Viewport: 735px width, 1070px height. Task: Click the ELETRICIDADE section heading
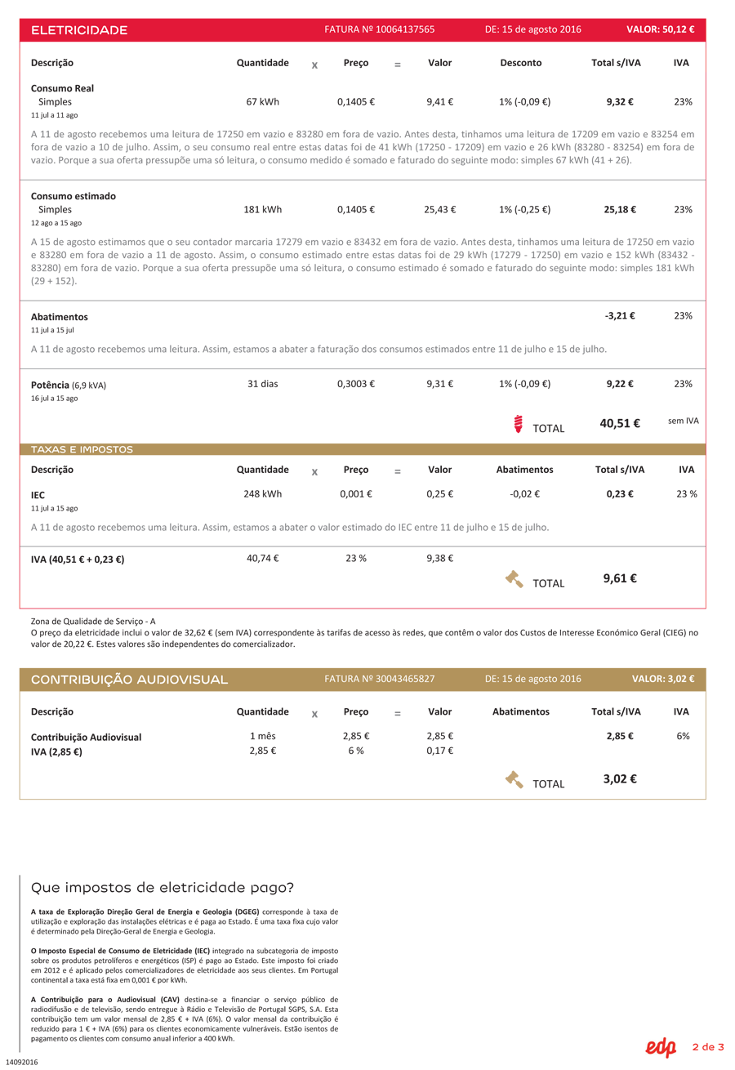click(x=79, y=30)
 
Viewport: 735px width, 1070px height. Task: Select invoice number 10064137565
click(x=379, y=29)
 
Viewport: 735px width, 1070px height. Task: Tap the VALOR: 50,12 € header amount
click(x=660, y=29)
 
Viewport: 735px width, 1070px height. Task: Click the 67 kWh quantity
click(x=262, y=102)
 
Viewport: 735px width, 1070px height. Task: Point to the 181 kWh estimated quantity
click(x=262, y=209)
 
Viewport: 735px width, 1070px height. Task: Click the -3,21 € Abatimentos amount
click(x=620, y=315)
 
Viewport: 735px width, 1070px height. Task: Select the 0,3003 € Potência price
click(x=355, y=383)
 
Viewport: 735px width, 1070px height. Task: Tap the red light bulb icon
click(x=518, y=423)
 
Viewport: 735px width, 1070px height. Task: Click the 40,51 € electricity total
click(x=620, y=423)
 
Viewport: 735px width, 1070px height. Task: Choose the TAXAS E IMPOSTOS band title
click(x=82, y=449)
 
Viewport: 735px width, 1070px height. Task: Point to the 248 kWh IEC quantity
click(x=262, y=493)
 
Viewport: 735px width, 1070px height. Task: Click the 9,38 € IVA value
click(x=439, y=558)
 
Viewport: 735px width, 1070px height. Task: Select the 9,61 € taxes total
click(x=620, y=578)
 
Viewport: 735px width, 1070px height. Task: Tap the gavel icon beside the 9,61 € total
click(x=514, y=579)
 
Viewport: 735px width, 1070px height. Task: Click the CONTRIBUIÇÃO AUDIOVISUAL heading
click(x=129, y=680)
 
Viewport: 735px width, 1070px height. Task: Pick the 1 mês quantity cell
click(x=262, y=736)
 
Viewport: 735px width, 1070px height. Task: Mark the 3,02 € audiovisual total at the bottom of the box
click(x=620, y=778)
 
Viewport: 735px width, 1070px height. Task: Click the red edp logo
click(x=661, y=1047)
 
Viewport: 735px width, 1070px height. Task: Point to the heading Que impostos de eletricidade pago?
click(x=162, y=887)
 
